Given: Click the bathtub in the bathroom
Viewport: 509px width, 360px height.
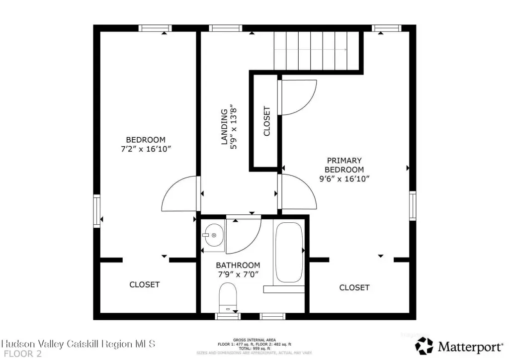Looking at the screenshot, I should [x=289, y=252].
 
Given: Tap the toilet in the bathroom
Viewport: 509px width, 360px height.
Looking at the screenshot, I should [x=228, y=296].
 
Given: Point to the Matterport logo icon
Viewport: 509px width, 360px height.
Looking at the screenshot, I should [x=424, y=345].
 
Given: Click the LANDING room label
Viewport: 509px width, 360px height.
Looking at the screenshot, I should [x=225, y=127].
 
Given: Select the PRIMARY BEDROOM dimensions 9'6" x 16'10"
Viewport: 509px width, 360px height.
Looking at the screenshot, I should [x=344, y=179].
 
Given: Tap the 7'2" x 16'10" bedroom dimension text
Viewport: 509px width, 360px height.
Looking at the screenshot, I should [x=145, y=149].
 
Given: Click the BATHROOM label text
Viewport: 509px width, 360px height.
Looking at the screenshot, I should [x=238, y=265].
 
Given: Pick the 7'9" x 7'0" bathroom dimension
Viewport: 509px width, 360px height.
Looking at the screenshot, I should [x=238, y=274].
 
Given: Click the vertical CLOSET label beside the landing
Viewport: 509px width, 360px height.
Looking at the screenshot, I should [x=266, y=121].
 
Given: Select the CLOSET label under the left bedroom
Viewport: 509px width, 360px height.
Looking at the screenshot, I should [x=145, y=284].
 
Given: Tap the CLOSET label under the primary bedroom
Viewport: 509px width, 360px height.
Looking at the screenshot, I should [x=354, y=287].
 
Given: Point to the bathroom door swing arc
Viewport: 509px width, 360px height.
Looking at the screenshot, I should [x=243, y=235].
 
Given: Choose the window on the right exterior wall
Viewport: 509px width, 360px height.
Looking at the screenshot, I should [x=413, y=206].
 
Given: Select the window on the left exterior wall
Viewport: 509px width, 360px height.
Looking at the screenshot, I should [x=97, y=211].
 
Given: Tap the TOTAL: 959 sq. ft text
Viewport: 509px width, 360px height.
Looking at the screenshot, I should [x=254, y=348].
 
